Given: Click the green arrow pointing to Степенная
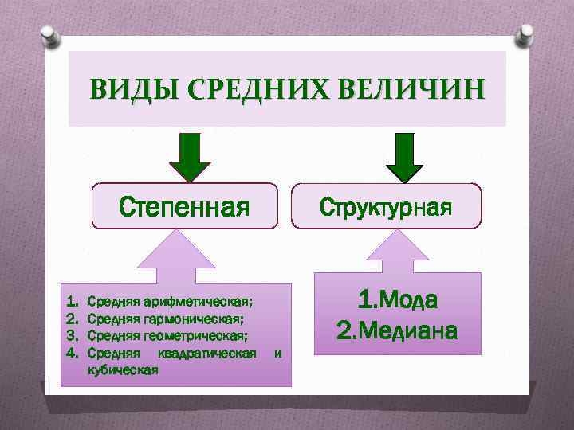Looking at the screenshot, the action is tap(189, 158).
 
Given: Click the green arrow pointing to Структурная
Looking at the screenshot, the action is tap(405, 158).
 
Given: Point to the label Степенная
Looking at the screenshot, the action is tap(184, 207).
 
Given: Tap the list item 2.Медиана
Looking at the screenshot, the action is tap(398, 329).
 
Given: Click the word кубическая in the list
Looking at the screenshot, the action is tap(122, 370).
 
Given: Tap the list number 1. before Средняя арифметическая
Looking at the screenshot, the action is tap(72, 303).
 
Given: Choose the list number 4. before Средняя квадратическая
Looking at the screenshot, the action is tap(72, 353).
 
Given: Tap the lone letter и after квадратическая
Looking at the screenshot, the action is tap(277, 353).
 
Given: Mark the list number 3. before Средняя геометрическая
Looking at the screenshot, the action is tap(72, 336).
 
